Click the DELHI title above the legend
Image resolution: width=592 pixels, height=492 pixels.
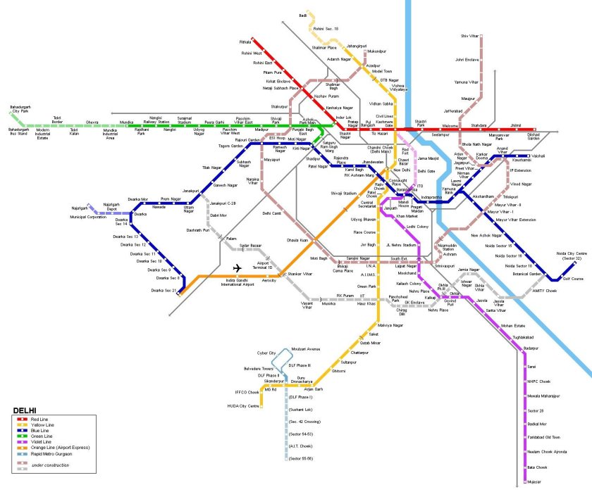click(25, 410)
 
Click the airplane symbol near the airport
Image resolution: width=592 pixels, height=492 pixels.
click(237, 268)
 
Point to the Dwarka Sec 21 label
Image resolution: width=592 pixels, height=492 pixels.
click(162, 290)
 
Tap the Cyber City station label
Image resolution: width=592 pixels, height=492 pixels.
click(266, 353)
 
